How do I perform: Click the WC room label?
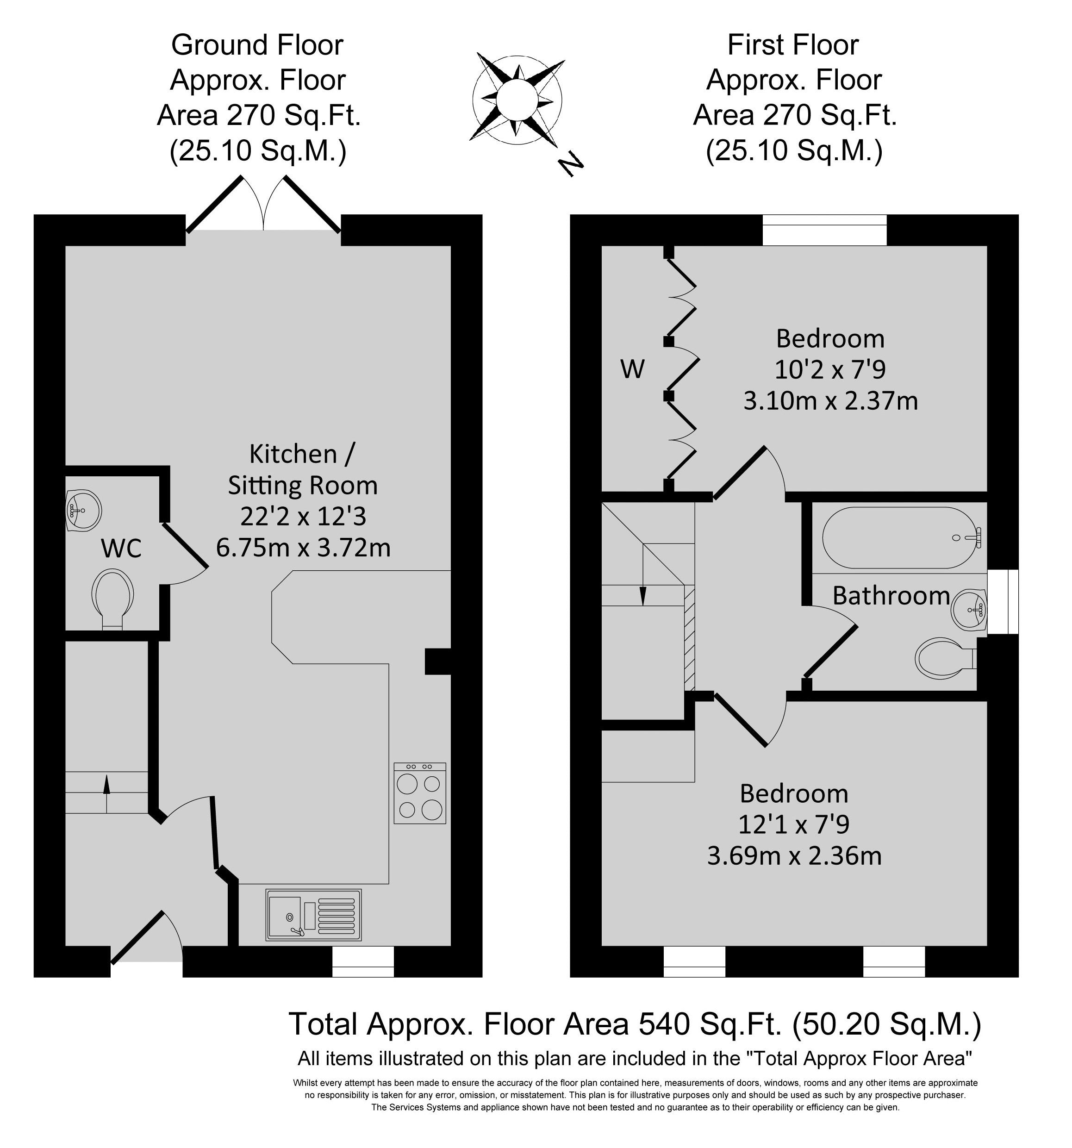pyautogui.click(x=121, y=549)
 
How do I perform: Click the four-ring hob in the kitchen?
pyautogui.click(x=420, y=793)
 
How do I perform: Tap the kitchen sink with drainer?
pyautogui.click(x=313, y=914)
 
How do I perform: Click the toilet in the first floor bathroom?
pyautogui.click(x=946, y=658)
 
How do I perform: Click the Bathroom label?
pyautogui.click(x=891, y=595)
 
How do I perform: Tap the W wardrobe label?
pyautogui.click(x=632, y=369)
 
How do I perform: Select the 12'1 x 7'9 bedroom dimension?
pyautogui.click(x=794, y=824)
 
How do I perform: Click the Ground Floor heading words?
pyautogui.click(x=257, y=44)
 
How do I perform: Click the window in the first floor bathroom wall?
pyautogui.click(x=1003, y=602)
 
